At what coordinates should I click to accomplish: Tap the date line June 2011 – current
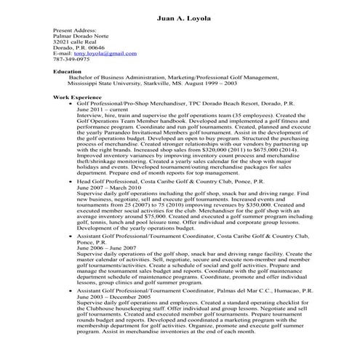pos(102,109)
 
